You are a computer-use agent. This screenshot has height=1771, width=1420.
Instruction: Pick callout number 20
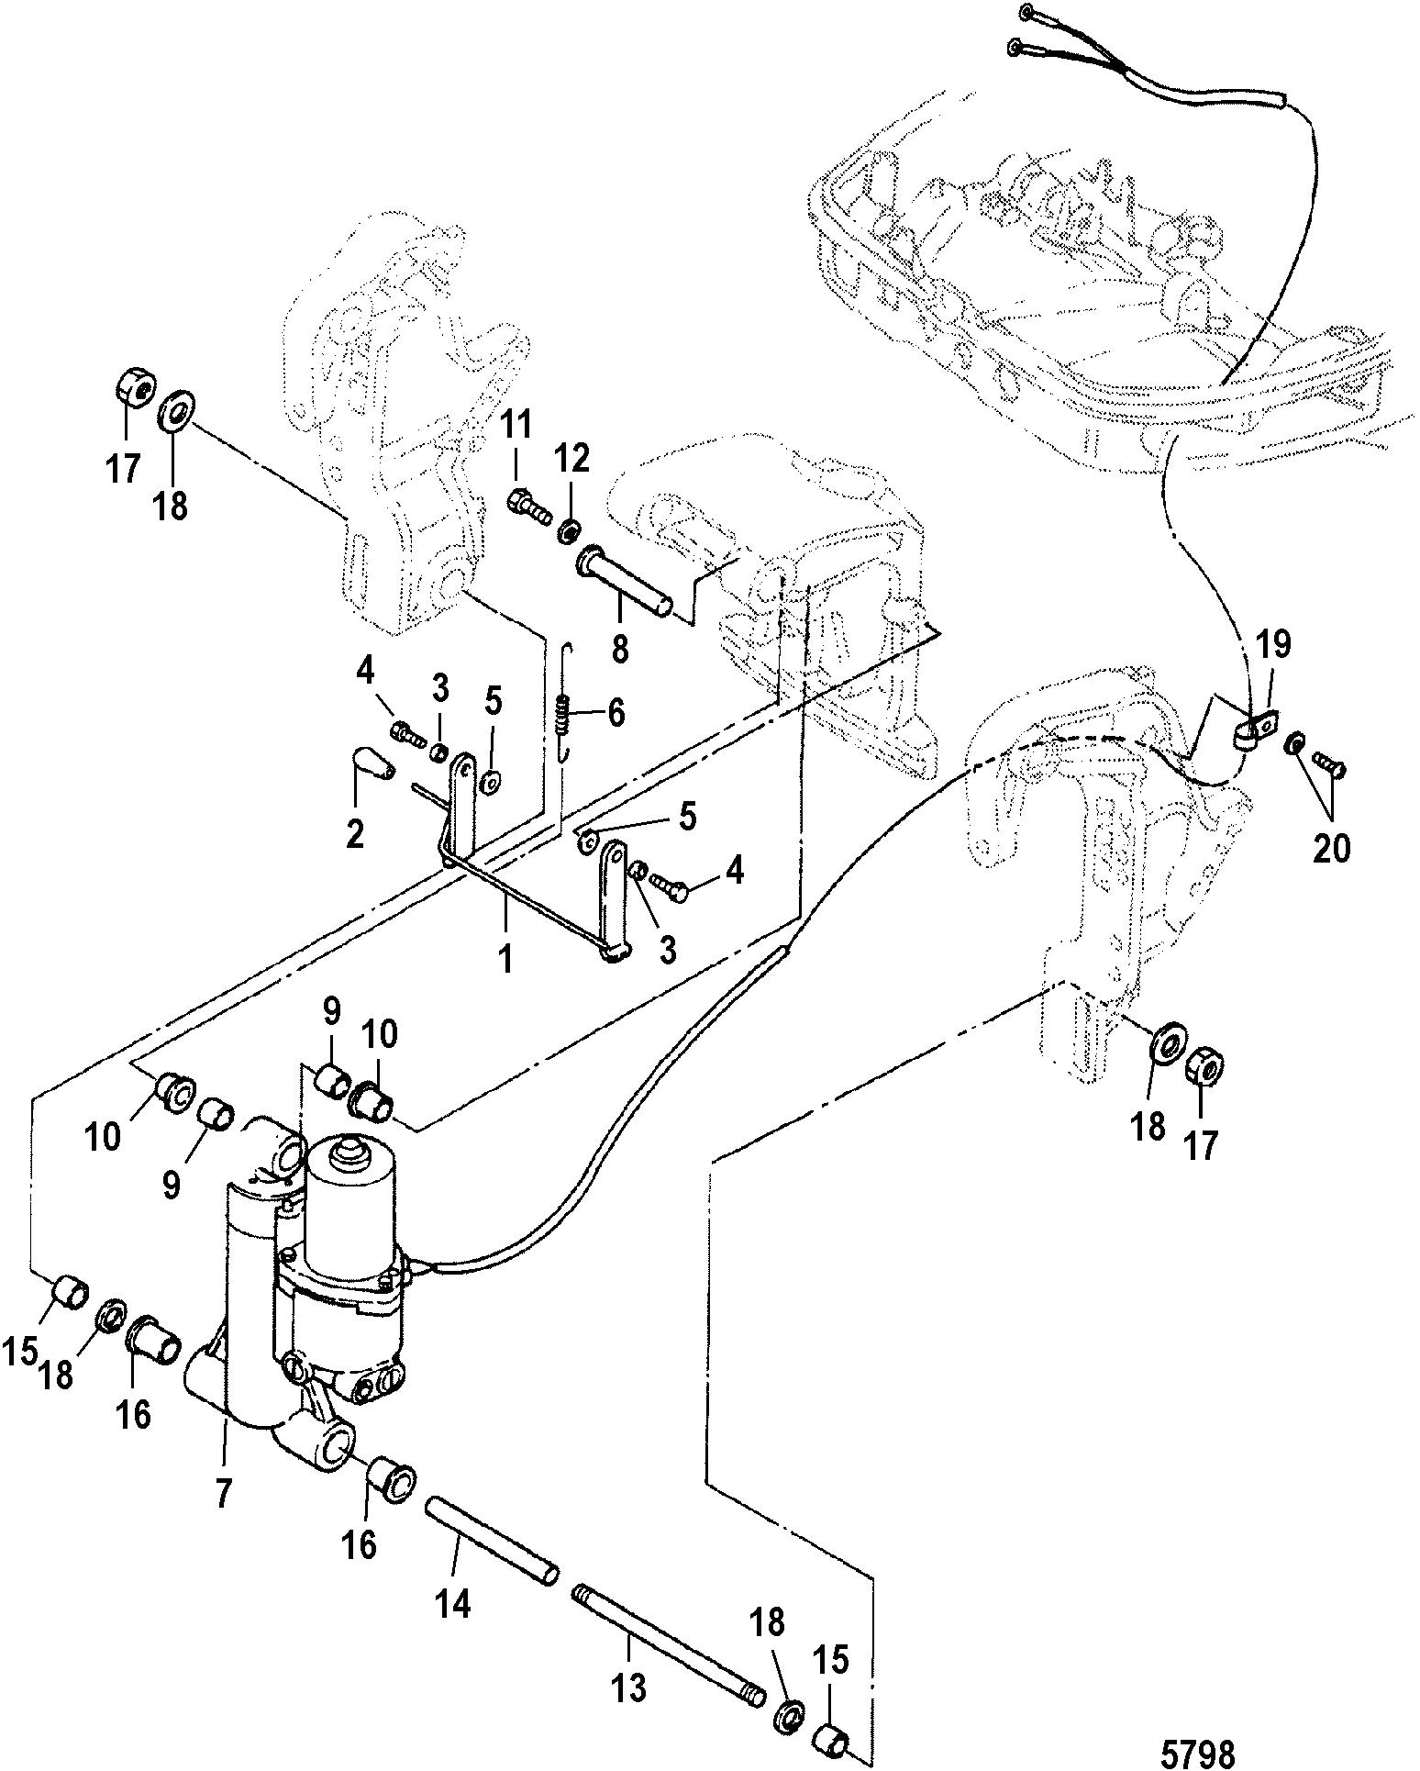[1332, 848]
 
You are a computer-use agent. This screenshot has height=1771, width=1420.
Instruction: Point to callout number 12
[576, 456]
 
